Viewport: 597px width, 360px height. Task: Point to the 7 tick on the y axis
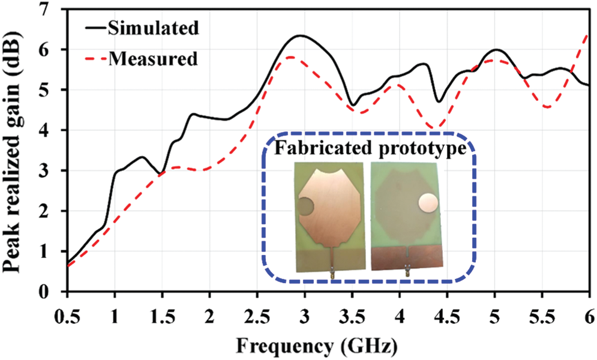click(x=52, y=8)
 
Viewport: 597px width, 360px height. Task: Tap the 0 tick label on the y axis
click(x=52, y=292)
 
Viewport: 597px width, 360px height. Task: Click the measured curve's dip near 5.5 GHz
click(x=547, y=107)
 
